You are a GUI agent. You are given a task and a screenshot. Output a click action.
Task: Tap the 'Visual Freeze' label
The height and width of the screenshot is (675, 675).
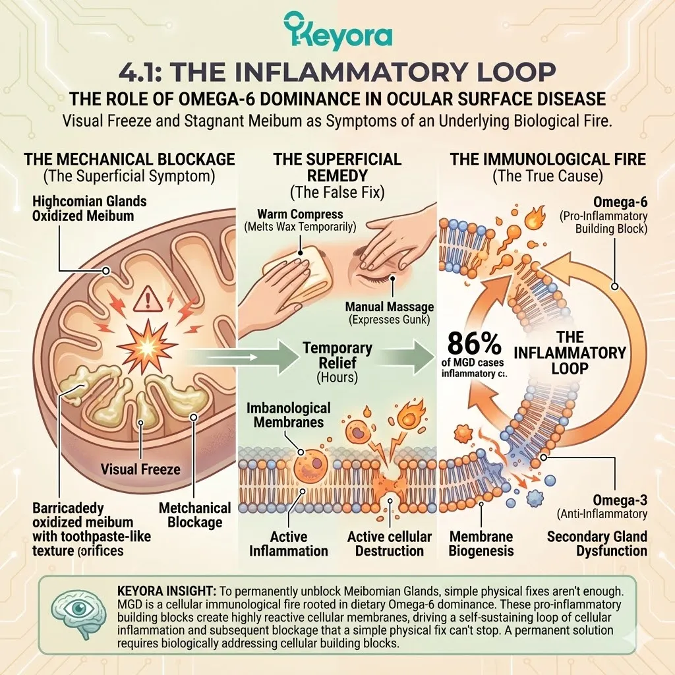(x=141, y=469)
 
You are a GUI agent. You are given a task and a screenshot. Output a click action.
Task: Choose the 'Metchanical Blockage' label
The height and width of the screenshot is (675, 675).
(x=195, y=515)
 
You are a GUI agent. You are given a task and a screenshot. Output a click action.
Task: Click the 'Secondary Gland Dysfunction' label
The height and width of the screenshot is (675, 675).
(x=597, y=543)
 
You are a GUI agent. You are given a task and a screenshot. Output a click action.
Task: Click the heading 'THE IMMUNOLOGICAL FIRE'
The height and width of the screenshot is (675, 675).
(x=548, y=159)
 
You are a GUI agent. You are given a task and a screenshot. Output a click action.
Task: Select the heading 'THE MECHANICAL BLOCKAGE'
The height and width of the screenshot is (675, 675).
(x=129, y=159)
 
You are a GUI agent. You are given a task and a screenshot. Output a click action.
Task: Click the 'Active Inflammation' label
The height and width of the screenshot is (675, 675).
(x=288, y=543)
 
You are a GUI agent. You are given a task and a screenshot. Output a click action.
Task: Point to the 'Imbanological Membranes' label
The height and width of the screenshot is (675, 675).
(x=288, y=415)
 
